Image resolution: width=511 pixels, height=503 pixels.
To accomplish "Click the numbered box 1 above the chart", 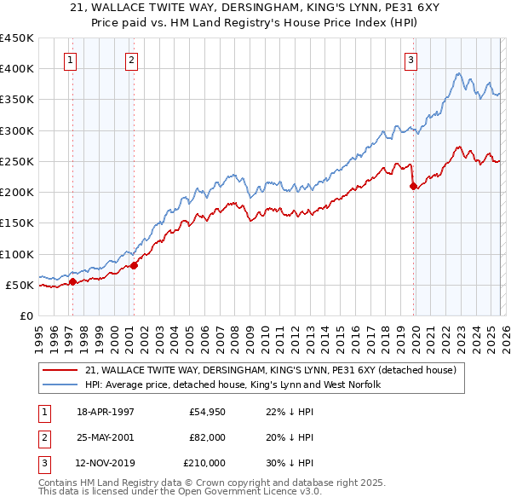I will tap(69, 60).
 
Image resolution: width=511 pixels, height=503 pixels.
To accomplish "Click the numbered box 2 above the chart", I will tap(132, 60).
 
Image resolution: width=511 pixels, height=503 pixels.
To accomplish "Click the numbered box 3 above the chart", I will tap(411, 60).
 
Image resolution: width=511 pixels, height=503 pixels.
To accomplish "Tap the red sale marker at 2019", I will tap(413, 186).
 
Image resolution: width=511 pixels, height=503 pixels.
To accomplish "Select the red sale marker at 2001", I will tap(135, 265).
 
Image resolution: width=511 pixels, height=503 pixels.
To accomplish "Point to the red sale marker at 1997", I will tap(73, 281).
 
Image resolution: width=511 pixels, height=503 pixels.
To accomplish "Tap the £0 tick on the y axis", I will tap(26, 315).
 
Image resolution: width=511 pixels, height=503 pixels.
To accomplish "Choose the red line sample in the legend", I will tap(60, 370).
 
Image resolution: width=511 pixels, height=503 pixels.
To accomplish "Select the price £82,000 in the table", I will tap(208, 437).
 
